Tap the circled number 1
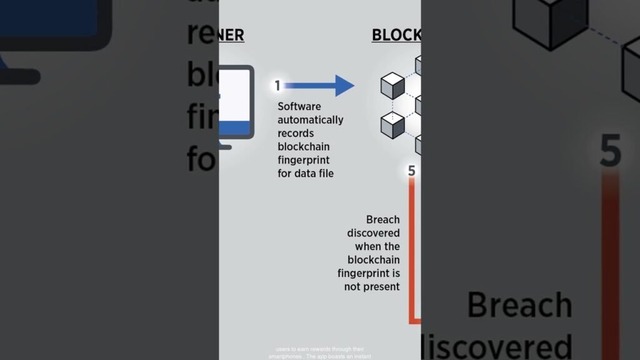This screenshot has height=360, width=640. click(x=277, y=86)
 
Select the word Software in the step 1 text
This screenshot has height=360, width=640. click(x=299, y=107)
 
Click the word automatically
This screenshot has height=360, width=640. click(x=310, y=120)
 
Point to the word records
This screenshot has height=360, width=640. click(x=296, y=133)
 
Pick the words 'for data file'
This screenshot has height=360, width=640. click(x=306, y=173)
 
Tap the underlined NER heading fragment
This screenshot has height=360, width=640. click(x=231, y=35)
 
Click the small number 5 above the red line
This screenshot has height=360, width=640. click(x=411, y=171)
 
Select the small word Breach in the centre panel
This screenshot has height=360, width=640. click(x=383, y=219)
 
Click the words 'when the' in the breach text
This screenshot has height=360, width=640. click(x=377, y=246)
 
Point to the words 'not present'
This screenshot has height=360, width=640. click(x=372, y=286)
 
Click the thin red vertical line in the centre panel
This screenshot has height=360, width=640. click(x=411, y=250)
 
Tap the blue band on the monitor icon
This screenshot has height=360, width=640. click(x=234, y=128)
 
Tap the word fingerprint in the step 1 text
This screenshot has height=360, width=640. click(x=304, y=160)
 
